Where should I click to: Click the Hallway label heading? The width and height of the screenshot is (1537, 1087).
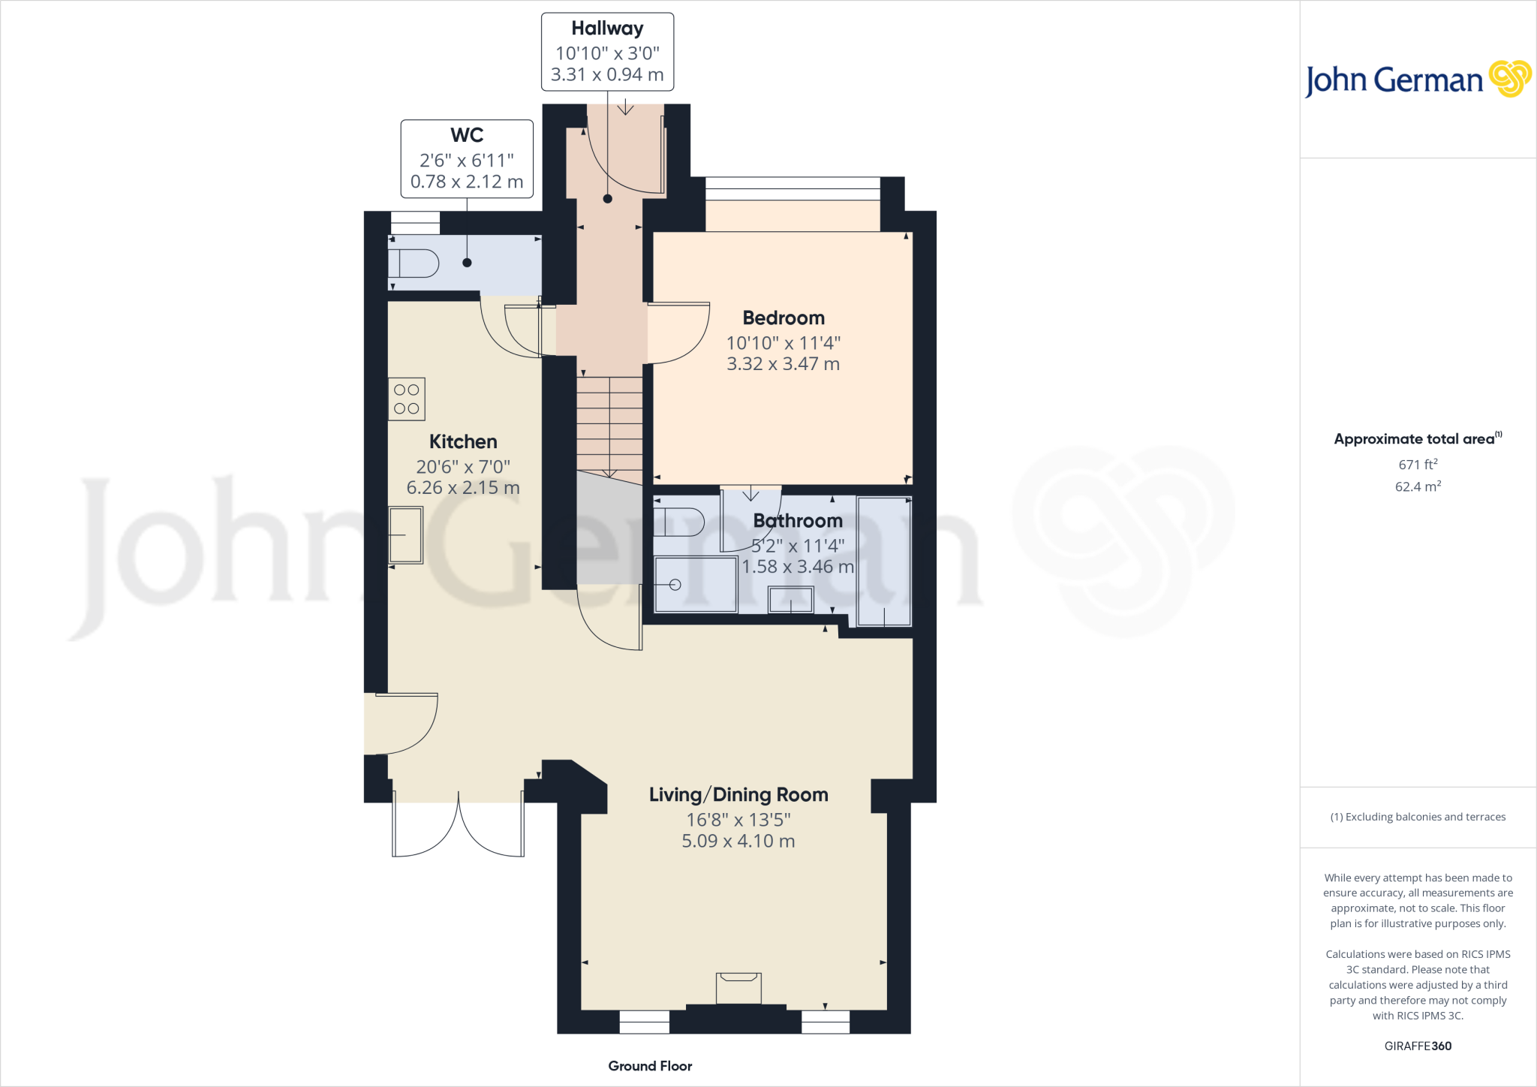tap(607, 29)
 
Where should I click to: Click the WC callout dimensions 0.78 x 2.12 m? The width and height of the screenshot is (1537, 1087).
tap(466, 182)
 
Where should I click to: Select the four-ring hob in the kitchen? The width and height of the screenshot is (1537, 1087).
tap(407, 399)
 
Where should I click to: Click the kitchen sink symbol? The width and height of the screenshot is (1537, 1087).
tap(405, 535)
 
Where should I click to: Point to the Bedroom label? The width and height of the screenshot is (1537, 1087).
tap(784, 318)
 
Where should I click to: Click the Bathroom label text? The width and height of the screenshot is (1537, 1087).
tap(797, 520)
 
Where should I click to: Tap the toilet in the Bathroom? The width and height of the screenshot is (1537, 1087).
tap(679, 522)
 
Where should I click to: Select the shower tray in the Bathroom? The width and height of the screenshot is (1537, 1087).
tap(695, 584)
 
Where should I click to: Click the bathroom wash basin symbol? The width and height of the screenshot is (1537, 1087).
tap(791, 600)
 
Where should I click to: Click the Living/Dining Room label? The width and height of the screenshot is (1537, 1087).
tap(738, 795)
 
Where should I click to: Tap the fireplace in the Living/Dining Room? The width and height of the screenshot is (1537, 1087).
tap(738, 987)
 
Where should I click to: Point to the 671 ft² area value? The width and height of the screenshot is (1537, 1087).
tap(1418, 465)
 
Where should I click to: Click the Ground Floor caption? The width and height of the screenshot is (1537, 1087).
tap(650, 1066)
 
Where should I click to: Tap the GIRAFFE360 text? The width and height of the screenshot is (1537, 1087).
tap(1418, 1046)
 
